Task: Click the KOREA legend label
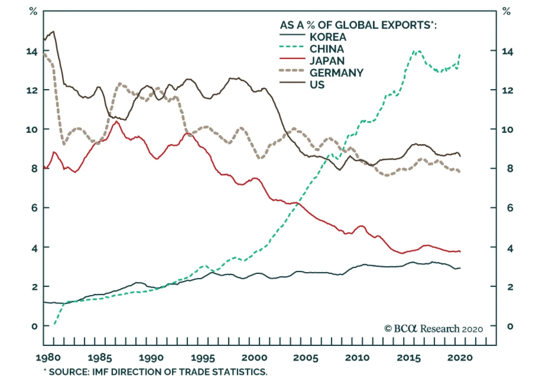[x=328, y=37]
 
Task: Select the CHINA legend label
[x=327, y=49]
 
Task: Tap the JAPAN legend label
[x=327, y=61]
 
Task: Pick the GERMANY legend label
[x=337, y=73]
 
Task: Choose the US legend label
[x=317, y=85]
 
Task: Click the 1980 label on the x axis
[x=48, y=357]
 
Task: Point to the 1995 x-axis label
[x=203, y=357]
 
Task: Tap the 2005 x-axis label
[x=306, y=357]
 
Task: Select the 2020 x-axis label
[x=460, y=357]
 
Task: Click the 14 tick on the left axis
[x=32, y=51]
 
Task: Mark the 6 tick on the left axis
[x=34, y=208]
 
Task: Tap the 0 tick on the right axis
[x=510, y=326]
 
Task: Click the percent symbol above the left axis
[x=33, y=11]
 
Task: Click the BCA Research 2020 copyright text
[x=434, y=329]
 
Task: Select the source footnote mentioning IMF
[x=156, y=372]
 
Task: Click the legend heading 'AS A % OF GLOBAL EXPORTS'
[x=358, y=25]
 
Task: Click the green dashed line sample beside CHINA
[x=292, y=47]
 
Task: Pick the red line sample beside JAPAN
[x=292, y=59]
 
